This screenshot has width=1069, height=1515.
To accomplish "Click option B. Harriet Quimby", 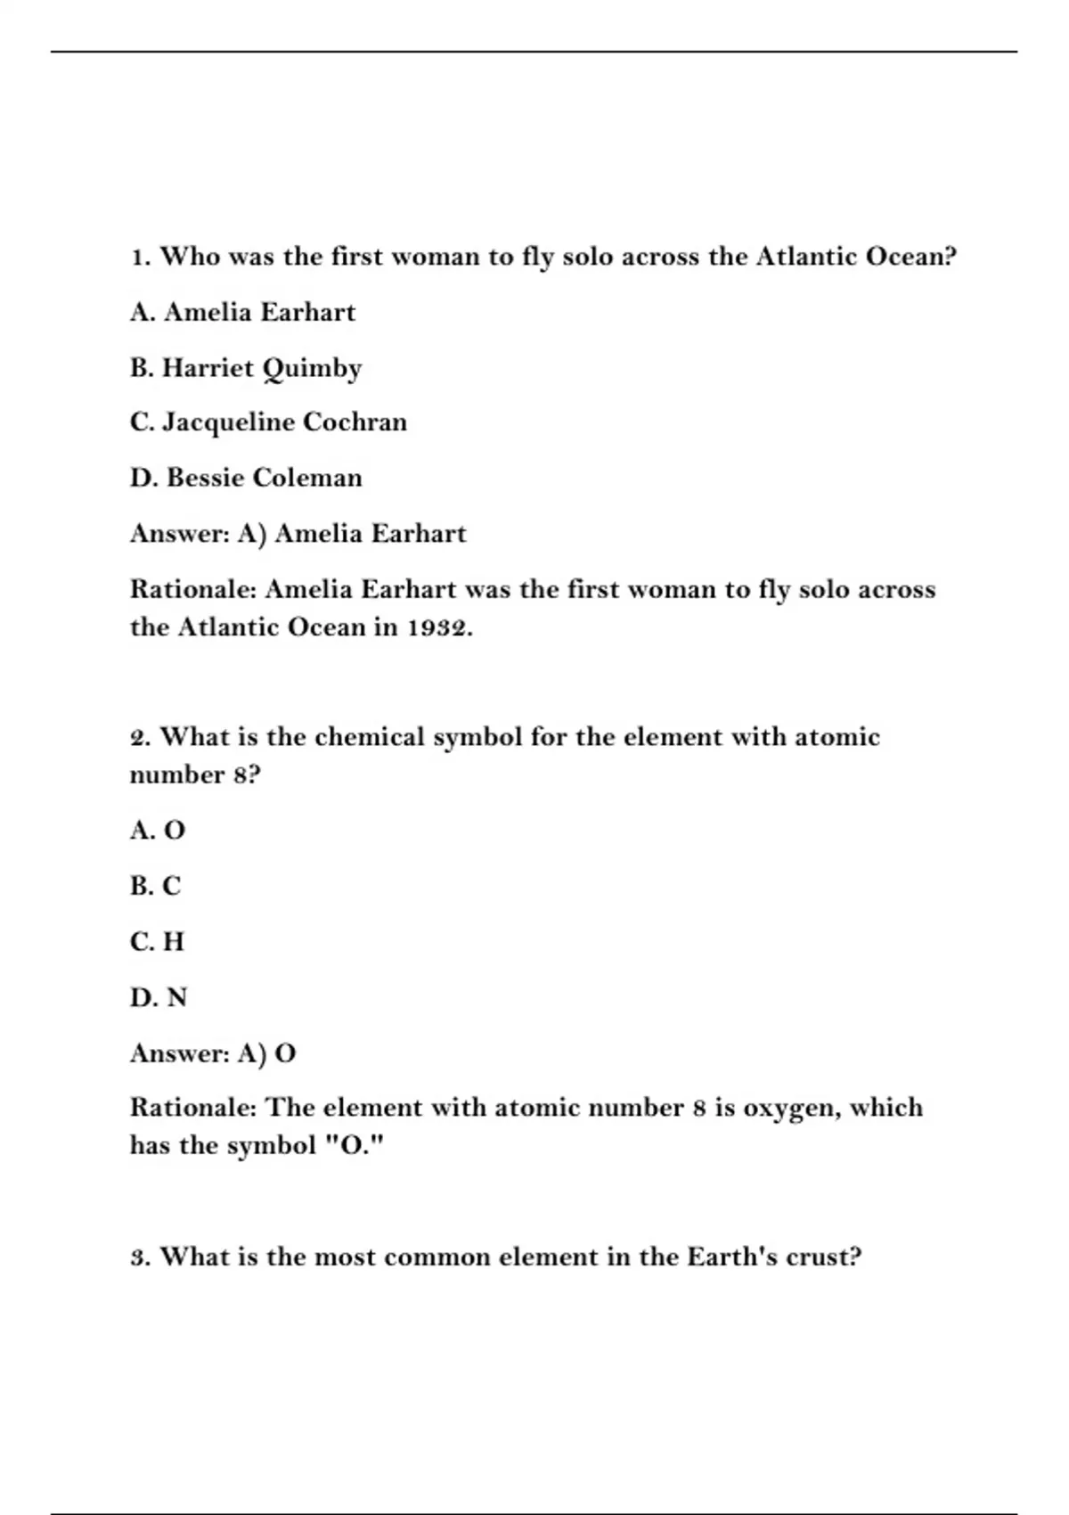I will click(246, 368).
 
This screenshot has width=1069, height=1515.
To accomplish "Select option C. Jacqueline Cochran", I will click(268, 422).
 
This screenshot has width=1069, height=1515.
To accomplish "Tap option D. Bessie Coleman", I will click(246, 478).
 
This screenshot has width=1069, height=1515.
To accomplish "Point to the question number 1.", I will click(139, 258).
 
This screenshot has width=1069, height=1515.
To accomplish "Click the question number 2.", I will click(141, 738).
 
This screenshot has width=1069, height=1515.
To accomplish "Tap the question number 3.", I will click(141, 1257).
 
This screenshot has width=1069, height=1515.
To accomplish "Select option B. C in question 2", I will click(155, 886).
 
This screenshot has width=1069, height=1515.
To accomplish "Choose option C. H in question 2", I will click(157, 942).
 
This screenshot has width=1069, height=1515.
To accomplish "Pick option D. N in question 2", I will click(159, 997).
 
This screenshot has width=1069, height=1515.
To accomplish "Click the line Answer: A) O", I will click(213, 1053).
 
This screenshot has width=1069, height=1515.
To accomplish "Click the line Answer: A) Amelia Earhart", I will click(298, 534).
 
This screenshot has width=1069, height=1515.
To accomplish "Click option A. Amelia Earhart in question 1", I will click(242, 312).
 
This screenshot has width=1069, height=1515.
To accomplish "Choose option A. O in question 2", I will click(158, 831).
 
